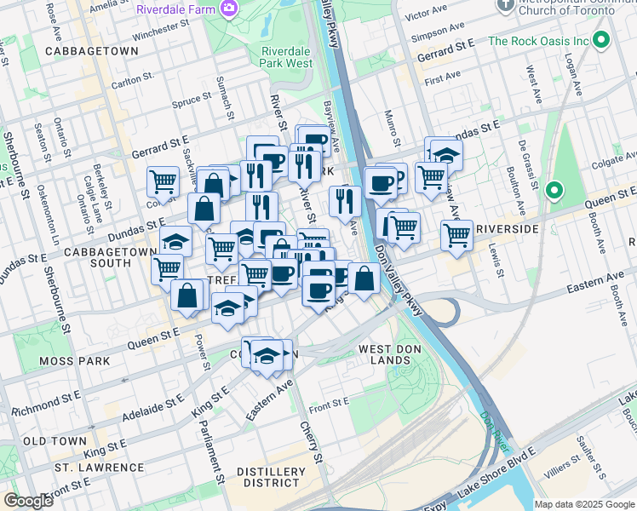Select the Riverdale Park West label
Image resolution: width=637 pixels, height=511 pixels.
click(x=286, y=56)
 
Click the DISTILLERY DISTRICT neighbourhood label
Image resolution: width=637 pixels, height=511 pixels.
click(x=271, y=478)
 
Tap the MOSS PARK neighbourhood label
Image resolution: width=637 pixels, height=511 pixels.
click(x=75, y=361)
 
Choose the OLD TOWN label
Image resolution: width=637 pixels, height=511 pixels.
click(x=55, y=440)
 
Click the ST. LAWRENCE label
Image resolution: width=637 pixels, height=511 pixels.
click(x=99, y=468)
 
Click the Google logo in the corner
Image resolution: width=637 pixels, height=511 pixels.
click(x=28, y=501)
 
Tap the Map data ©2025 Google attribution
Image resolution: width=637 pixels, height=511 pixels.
click(x=584, y=504)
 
